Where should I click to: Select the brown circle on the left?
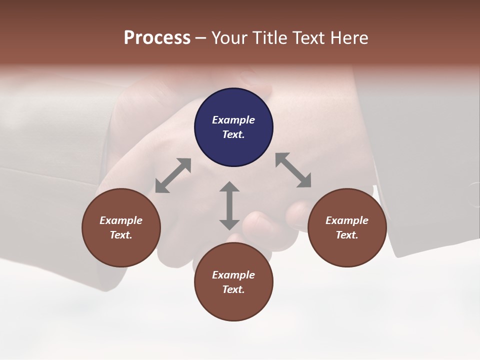[121, 227]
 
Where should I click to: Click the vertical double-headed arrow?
[229, 205]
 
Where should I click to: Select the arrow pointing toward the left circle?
[173, 175]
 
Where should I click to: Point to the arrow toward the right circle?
[293, 170]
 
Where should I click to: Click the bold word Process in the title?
[157, 37]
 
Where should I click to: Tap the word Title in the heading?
[268, 37]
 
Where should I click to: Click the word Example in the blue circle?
[233, 120]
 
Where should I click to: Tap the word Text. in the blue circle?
[233, 134]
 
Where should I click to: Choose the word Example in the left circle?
[121, 220]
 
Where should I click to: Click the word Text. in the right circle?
[347, 235]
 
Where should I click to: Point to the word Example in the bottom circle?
[233, 275]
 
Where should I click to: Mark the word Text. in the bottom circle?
[233, 289]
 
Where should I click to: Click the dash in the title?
[200, 37]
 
